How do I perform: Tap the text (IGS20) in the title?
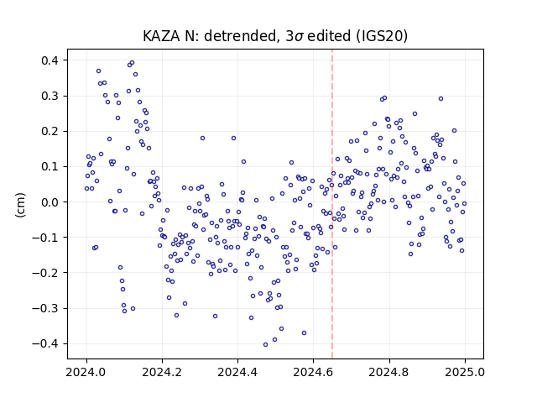point(382,36)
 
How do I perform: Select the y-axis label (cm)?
point(20,205)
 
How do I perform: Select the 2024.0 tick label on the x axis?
point(86,372)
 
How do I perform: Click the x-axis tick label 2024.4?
point(237,372)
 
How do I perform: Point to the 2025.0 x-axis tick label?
point(465,372)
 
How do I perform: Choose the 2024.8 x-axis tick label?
point(389,372)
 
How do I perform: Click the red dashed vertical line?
point(332,204)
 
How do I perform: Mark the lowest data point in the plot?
point(265,345)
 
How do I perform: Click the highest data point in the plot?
point(133,63)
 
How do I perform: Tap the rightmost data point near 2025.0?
point(464,203)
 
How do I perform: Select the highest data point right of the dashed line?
point(384,98)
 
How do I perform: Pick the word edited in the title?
point(329,36)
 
